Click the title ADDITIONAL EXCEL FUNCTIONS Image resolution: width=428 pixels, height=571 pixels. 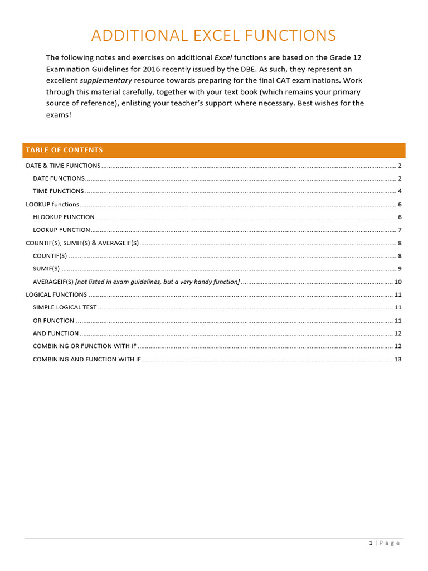[213, 36]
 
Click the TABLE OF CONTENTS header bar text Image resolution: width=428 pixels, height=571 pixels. [64, 150]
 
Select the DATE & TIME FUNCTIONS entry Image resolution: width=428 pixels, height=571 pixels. [63, 166]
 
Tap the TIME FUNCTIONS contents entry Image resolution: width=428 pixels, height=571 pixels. [58, 191]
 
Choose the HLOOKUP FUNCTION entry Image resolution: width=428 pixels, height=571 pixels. [64, 217]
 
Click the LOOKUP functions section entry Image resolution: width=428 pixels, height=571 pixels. [52, 204]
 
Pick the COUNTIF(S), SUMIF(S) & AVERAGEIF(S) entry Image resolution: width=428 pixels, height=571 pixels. [82, 243]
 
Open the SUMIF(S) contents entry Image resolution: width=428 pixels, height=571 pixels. [46, 269]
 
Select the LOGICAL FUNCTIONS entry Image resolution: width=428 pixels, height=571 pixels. [56, 294]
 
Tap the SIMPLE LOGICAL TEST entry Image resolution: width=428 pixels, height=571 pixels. [65, 307]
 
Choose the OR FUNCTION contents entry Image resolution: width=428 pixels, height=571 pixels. [53, 321]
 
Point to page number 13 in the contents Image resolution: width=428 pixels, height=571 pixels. [397, 359]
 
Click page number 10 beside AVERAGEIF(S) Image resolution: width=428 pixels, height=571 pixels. [397, 282]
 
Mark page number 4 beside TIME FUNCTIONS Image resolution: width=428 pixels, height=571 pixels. [400, 191]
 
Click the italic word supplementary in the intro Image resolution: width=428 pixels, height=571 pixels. [106, 80]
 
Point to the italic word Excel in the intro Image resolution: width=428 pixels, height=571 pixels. [223, 57]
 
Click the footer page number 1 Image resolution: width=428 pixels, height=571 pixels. [371, 543]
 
